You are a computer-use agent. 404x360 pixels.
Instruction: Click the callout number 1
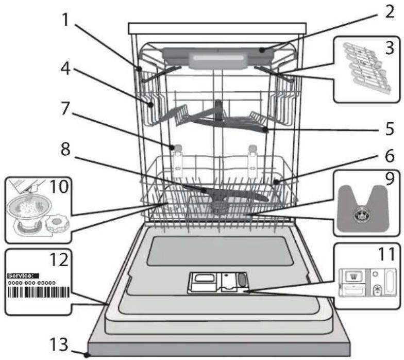66,20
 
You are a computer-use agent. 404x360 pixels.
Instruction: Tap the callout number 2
390,11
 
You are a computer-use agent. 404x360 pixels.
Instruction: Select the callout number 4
65,69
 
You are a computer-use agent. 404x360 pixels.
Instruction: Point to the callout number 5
390,128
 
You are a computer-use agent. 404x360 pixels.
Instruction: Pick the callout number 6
390,156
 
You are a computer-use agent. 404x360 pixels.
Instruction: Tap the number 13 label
59,345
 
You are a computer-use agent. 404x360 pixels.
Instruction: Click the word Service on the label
21,275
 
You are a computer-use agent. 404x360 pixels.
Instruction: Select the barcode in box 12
38,292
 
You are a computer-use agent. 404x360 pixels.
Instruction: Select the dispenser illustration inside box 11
367,283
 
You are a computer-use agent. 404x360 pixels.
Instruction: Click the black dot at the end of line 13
87,355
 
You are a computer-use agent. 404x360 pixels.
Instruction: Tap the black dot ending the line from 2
262,51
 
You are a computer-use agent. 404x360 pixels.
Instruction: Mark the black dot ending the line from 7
172,148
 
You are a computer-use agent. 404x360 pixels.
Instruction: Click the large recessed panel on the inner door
220,252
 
